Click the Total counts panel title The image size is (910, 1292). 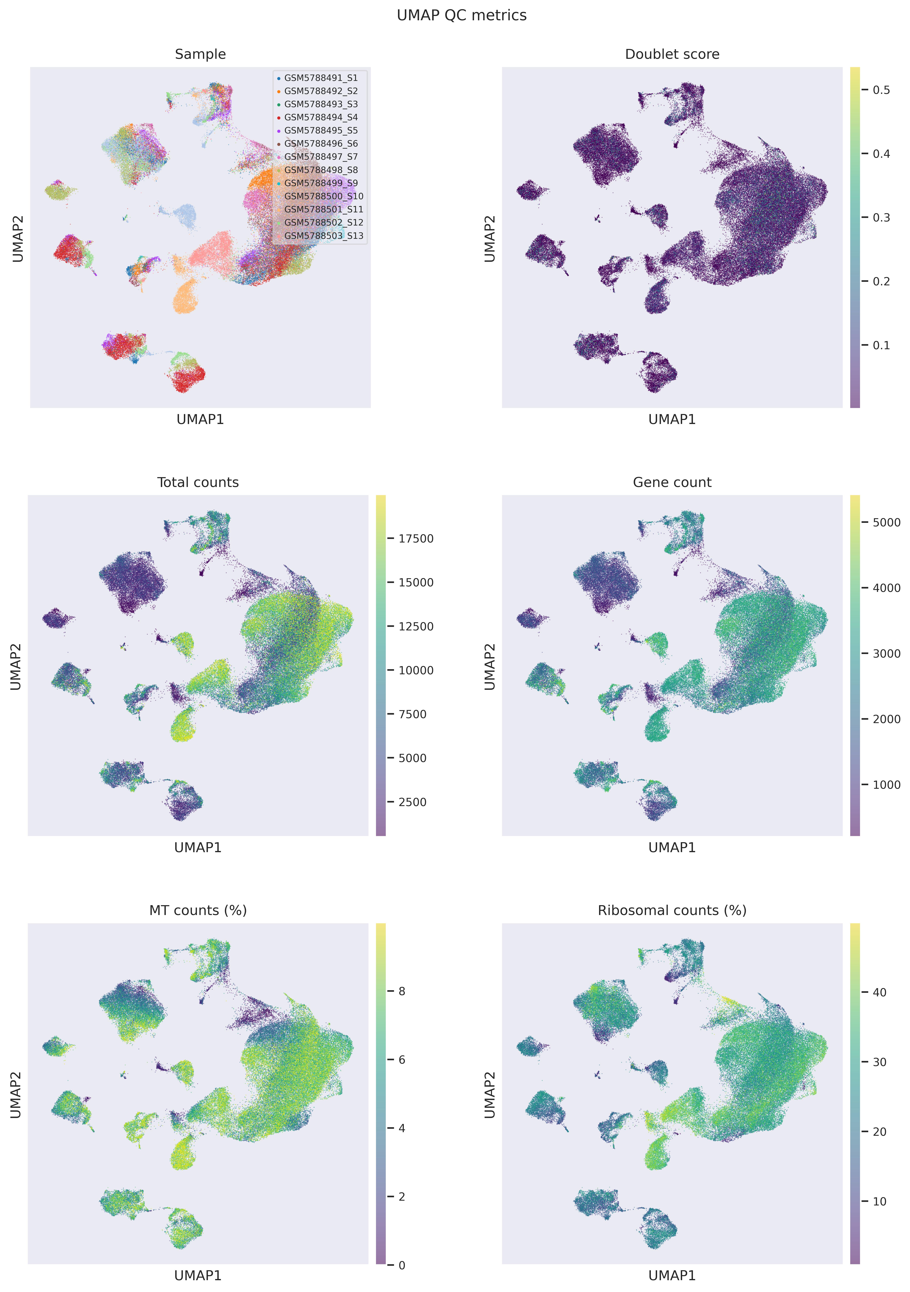pos(198,482)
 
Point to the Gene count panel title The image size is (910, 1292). pos(672,482)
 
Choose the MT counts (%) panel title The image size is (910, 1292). pos(198,911)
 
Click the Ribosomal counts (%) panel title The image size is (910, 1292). pos(672,911)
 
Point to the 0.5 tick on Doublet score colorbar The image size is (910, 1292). pos(881,90)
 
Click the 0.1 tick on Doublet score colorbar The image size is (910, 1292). pos(881,345)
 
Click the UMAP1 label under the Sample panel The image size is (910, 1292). pos(200,419)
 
